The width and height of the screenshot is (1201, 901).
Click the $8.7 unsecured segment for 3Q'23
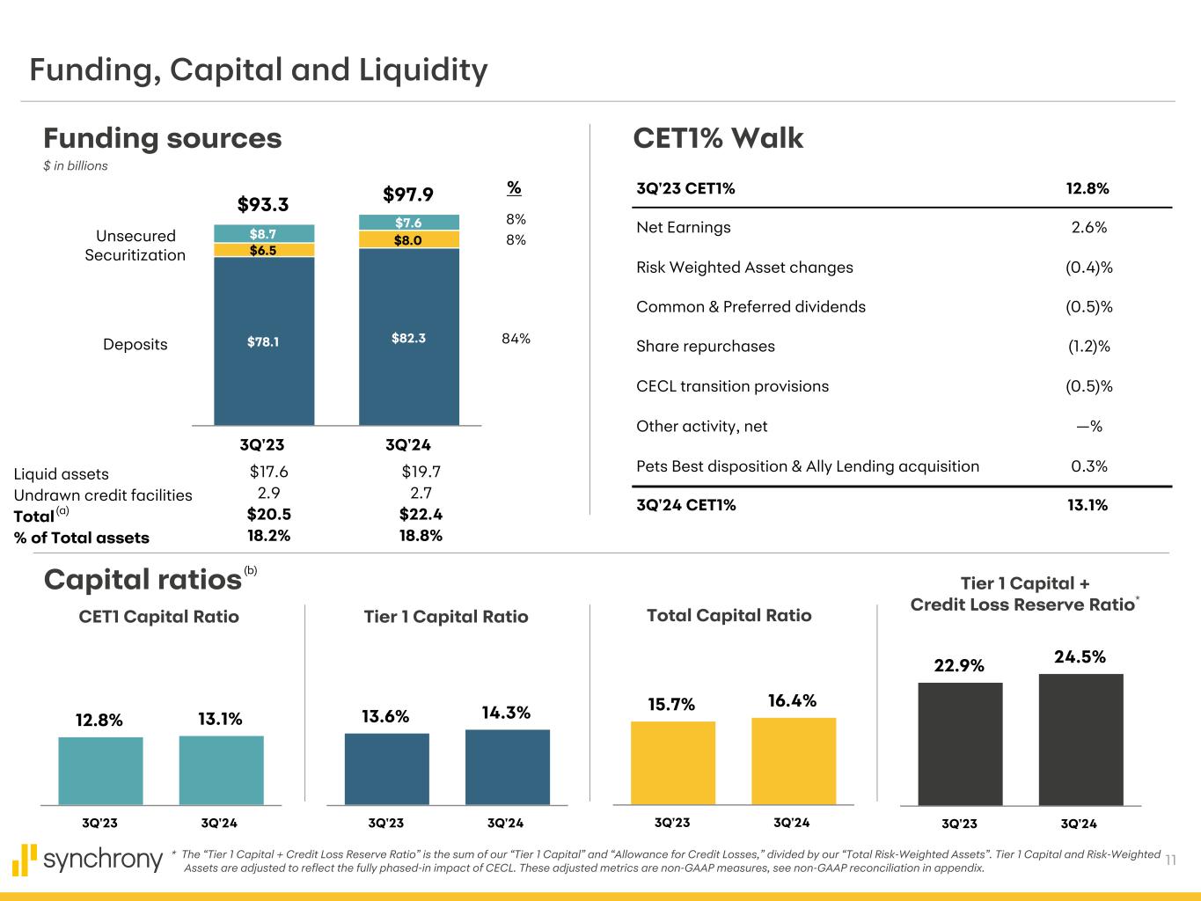tap(264, 234)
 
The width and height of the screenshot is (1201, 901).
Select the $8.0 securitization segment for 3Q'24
tap(409, 239)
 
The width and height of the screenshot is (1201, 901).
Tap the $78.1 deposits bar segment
tap(264, 341)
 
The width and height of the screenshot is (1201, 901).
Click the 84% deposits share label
tap(516, 338)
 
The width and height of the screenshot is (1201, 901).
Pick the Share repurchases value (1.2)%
tap(1088, 346)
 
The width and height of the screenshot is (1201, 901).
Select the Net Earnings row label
tap(684, 227)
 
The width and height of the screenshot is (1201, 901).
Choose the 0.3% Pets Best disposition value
tap(1088, 466)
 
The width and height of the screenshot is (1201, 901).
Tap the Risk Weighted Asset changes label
tap(744, 267)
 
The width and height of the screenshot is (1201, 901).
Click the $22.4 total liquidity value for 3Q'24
tap(421, 515)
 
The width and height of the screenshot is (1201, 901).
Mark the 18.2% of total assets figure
tap(269, 536)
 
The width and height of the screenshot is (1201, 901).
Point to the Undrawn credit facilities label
tap(103, 495)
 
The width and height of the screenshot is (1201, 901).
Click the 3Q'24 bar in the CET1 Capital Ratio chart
tap(221, 770)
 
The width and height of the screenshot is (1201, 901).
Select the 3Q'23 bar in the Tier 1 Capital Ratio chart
tap(387, 768)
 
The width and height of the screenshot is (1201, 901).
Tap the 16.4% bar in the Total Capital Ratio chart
tap(794, 761)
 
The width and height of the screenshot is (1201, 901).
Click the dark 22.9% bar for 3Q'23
tap(960, 744)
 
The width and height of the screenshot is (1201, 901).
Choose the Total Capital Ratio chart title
tap(729, 616)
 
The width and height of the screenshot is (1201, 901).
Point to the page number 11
tap(1171, 860)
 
